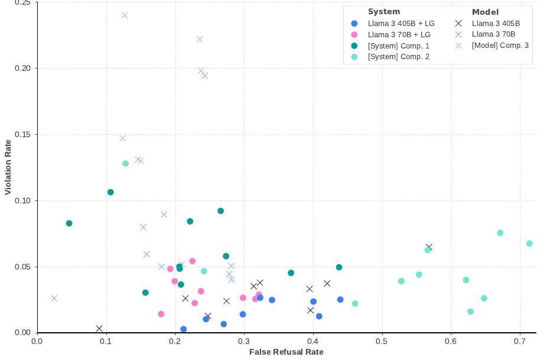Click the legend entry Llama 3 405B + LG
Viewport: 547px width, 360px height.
click(x=401, y=24)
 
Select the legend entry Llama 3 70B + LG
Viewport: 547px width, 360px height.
click(x=399, y=35)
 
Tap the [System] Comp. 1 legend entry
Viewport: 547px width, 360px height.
click(x=398, y=46)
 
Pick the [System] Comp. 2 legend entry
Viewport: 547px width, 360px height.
click(x=398, y=57)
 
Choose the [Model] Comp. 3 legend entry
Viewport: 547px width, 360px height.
click(x=500, y=46)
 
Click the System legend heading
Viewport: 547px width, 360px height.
click(x=384, y=12)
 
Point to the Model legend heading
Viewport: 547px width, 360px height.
click(x=485, y=12)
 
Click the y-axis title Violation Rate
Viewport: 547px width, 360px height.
click(x=8, y=167)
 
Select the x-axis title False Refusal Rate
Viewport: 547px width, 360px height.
click(x=286, y=352)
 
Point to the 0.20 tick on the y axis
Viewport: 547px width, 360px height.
click(x=22, y=69)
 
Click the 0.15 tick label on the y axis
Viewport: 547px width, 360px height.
click(x=22, y=135)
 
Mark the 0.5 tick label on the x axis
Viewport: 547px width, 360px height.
click(x=382, y=341)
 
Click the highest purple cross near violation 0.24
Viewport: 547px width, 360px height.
click(x=125, y=15)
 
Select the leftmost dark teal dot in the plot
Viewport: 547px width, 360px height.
click(x=69, y=223)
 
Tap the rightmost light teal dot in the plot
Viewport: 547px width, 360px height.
click(x=529, y=244)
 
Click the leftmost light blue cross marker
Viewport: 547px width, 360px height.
click(x=54, y=299)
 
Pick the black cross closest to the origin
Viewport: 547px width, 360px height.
click(x=99, y=329)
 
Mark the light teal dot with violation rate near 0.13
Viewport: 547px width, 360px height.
click(x=125, y=164)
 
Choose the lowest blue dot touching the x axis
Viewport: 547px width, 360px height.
click(x=184, y=329)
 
